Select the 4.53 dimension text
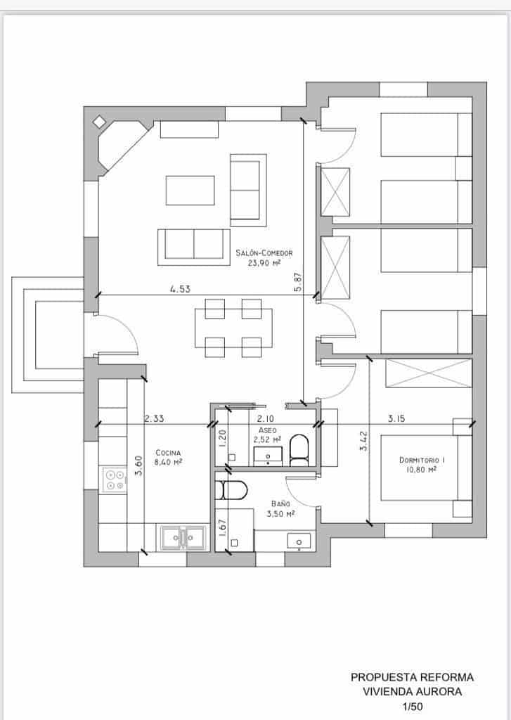click(x=180, y=288)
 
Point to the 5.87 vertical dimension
click(x=298, y=282)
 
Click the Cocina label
click(x=168, y=452)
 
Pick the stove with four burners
click(x=114, y=480)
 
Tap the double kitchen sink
click(x=181, y=538)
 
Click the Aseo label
click(x=267, y=429)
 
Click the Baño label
click(x=280, y=503)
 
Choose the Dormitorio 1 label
click(x=422, y=460)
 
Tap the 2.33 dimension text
click(x=155, y=418)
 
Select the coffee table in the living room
click(x=190, y=190)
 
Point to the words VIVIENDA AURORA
click(x=412, y=691)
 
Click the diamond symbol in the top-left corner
click(x=99, y=122)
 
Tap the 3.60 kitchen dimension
click(x=138, y=465)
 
